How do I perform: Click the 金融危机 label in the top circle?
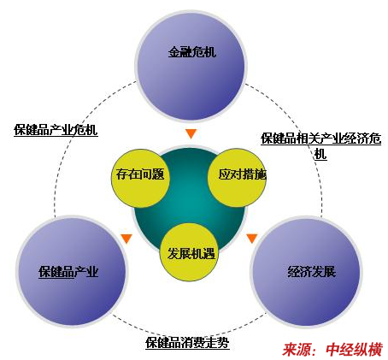tap(192, 52)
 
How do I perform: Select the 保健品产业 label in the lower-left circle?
tap(68, 272)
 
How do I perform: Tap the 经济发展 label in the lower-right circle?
tap(312, 272)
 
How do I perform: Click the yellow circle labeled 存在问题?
tap(140, 178)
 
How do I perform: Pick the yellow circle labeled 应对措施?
tap(238, 177)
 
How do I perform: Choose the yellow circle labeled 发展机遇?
tap(189, 252)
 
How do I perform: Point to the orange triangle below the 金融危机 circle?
tap(191, 133)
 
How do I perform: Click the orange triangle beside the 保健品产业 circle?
tap(126, 239)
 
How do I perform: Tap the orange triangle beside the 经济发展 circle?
tap(252, 239)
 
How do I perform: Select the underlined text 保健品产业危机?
tap(56, 130)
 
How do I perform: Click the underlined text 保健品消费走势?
tap(187, 343)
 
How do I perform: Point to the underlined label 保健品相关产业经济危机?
tap(320, 146)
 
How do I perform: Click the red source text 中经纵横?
tap(354, 350)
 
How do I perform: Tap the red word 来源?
tap(297, 350)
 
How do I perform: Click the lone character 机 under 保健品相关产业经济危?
tap(320, 155)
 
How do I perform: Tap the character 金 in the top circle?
tap(174, 52)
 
